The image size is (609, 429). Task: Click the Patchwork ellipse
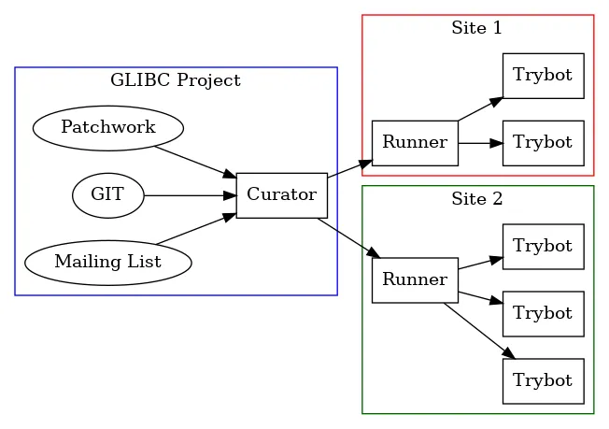pyautogui.click(x=107, y=128)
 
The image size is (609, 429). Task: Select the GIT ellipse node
pyautogui.click(x=108, y=195)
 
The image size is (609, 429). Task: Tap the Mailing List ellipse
pyautogui.click(x=107, y=263)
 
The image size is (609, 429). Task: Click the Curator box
pyautogui.click(x=281, y=195)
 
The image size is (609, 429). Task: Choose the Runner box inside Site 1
pyautogui.click(x=415, y=143)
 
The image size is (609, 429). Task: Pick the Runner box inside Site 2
pyautogui.click(x=415, y=279)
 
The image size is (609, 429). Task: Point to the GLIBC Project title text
pyautogui.click(x=176, y=80)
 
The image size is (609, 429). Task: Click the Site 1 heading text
pyautogui.click(x=477, y=28)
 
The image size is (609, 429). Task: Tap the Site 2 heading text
pyautogui.click(x=477, y=199)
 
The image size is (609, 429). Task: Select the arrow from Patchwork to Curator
pyautogui.click(x=194, y=162)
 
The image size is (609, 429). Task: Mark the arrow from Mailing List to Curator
pyautogui.click(x=194, y=229)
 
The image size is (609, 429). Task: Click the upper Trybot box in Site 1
pyautogui.click(x=543, y=76)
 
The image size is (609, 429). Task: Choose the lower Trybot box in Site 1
pyautogui.click(x=543, y=143)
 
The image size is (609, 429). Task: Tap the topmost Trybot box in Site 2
pyautogui.click(x=543, y=247)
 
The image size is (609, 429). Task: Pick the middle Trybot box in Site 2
pyautogui.click(x=543, y=314)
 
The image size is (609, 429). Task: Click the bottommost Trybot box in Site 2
pyautogui.click(x=543, y=381)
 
